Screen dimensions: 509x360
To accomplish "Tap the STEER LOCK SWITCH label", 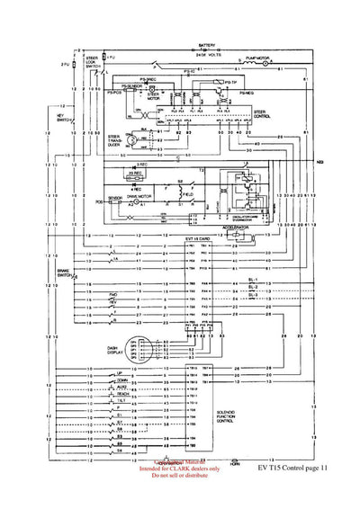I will tap(92, 61).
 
